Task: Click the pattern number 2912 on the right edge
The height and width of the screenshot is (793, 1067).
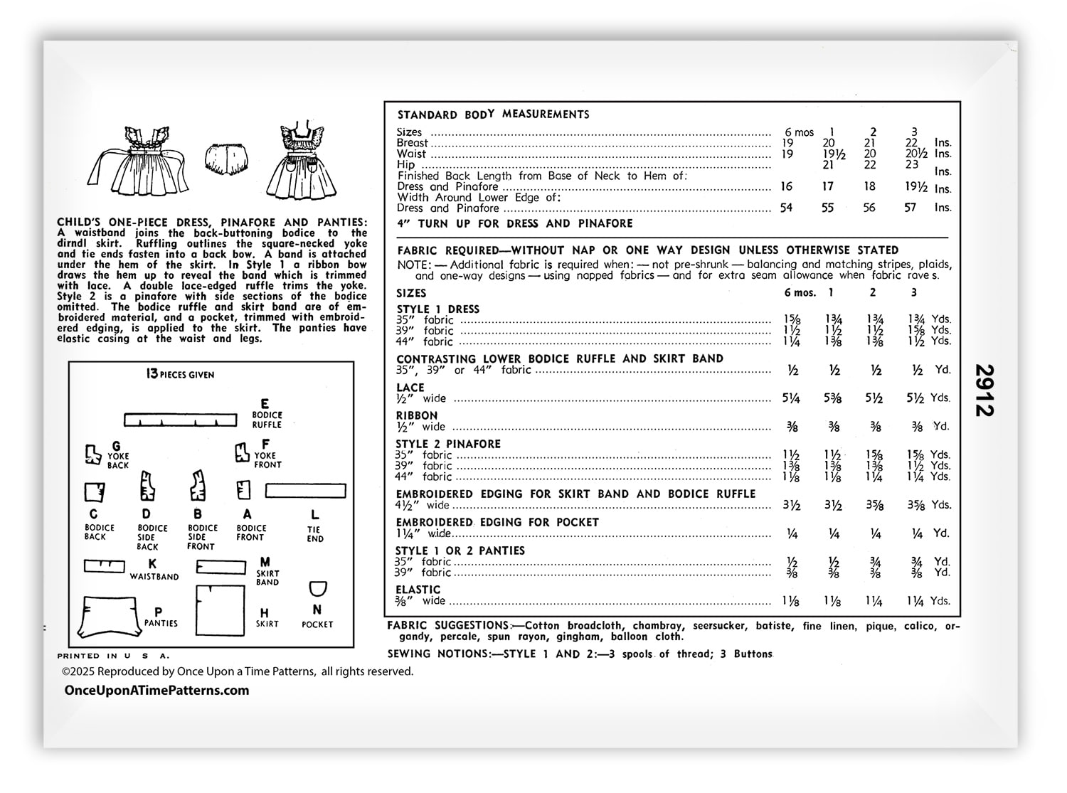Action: [x=984, y=390]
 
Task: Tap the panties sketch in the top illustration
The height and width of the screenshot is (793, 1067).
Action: [x=228, y=161]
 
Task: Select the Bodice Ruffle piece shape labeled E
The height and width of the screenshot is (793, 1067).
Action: [x=181, y=420]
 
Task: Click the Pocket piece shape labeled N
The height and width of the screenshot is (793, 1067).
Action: [x=318, y=589]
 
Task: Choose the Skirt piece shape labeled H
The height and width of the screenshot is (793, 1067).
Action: [x=220, y=610]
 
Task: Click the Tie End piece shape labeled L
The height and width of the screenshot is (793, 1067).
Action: [x=306, y=491]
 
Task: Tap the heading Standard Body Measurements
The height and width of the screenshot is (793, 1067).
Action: [x=493, y=115]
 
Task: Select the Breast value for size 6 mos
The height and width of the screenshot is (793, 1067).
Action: [x=787, y=143]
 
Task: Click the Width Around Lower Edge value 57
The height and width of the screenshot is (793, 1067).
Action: [x=911, y=208]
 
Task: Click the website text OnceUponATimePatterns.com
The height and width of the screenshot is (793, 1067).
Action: [x=156, y=691]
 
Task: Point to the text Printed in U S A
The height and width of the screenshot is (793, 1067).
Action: [x=114, y=656]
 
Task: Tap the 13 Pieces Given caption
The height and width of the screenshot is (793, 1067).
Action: [x=180, y=375]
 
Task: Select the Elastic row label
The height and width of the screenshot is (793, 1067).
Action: [x=418, y=590]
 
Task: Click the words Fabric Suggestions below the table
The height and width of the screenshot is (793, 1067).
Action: [x=448, y=626]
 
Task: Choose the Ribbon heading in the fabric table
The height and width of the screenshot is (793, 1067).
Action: [x=417, y=416]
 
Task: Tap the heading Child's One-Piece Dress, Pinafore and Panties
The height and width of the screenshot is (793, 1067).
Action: [x=212, y=223]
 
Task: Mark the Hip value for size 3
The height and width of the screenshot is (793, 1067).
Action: [x=912, y=164]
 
